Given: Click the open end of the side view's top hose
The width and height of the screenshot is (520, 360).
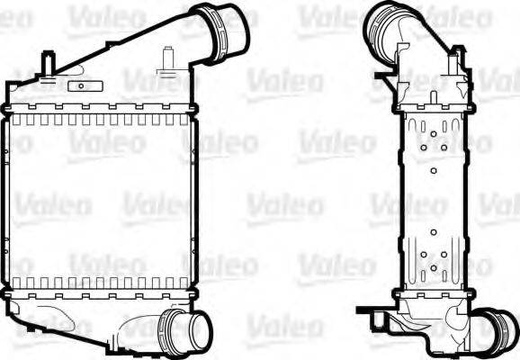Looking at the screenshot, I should pyautogui.click(x=381, y=22).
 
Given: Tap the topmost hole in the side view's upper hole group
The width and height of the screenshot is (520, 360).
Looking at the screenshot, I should pyautogui.click(x=433, y=133).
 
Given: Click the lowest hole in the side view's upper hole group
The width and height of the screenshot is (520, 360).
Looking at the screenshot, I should pyautogui.click(x=433, y=169).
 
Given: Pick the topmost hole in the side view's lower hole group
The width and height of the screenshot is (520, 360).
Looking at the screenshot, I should pyautogui.click(x=433, y=232).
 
